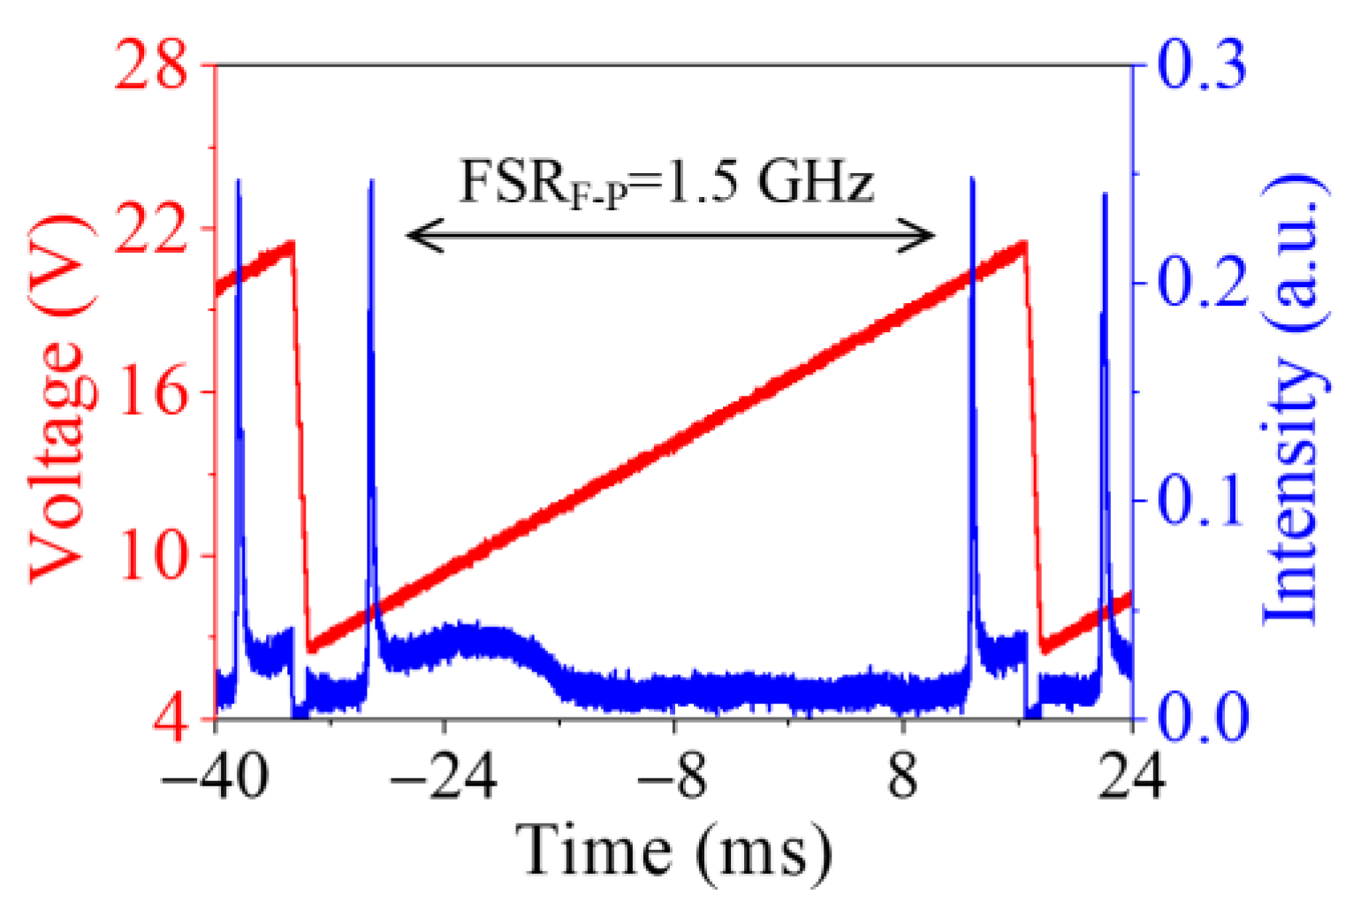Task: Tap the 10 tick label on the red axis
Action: click(x=151, y=556)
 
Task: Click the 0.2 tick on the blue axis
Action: click(x=1202, y=283)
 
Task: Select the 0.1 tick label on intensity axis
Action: click(x=1202, y=501)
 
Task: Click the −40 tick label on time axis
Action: click(x=215, y=777)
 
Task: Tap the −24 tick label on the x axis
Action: click(x=445, y=777)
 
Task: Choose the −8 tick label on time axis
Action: click(x=673, y=777)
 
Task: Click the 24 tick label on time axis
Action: click(x=1132, y=777)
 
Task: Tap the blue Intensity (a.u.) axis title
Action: click(x=1294, y=398)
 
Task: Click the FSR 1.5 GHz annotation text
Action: click(x=666, y=182)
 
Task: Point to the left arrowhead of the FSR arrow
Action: click(x=410, y=236)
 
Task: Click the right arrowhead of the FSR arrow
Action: click(x=931, y=236)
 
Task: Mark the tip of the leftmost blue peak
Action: click(x=238, y=180)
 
